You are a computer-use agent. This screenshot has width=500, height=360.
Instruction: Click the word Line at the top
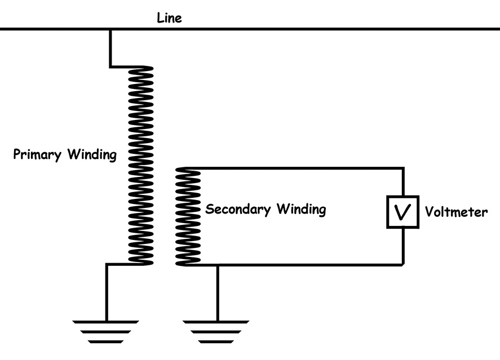(169, 18)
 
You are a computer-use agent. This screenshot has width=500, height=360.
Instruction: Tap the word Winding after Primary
(92, 155)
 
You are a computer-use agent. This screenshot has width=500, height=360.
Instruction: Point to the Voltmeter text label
(456, 212)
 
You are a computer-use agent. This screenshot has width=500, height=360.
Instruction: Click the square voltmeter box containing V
(402, 212)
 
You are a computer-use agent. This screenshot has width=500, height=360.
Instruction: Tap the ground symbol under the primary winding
(105, 331)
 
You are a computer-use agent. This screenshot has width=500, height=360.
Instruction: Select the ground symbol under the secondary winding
(216, 331)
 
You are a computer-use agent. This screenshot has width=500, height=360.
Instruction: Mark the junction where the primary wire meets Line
(110, 29)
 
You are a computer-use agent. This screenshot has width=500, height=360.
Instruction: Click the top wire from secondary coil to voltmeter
(299, 168)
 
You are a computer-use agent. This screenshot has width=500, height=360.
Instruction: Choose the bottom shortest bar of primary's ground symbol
(105, 341)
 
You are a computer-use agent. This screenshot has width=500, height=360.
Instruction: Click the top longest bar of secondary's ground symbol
(216, 322)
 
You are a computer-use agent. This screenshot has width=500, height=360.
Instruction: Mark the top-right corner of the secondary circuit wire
(402, 168)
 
